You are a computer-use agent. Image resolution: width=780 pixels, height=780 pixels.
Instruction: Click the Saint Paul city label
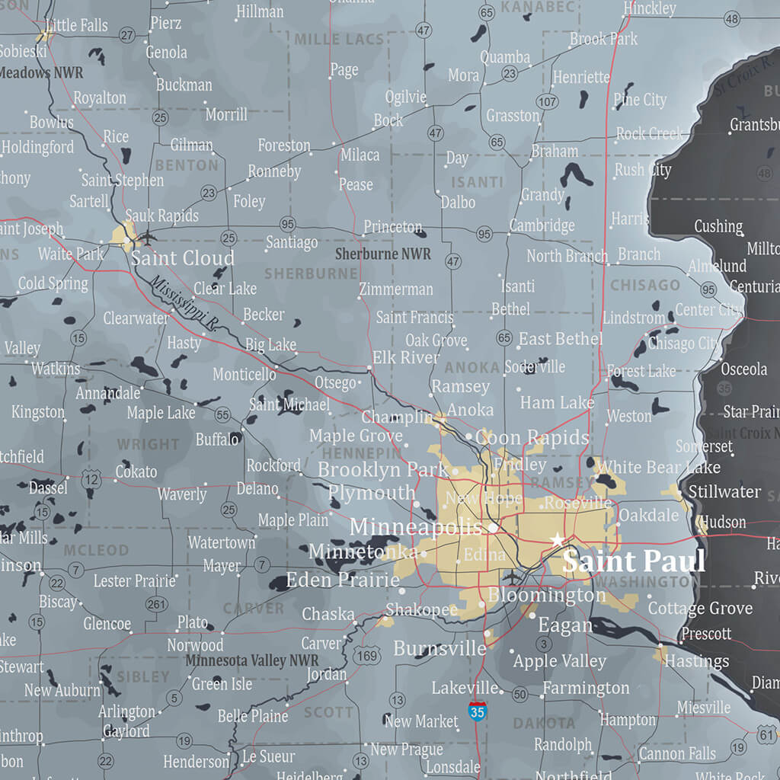coord(634,562)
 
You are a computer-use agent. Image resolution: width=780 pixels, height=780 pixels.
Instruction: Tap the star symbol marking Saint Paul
coord(557,540)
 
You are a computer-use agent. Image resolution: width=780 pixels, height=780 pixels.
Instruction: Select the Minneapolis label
coord(416,527)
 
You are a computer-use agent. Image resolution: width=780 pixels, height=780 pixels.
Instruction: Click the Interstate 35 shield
coord(478,712)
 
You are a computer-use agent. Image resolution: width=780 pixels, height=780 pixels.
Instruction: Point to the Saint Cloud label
coord(182,257)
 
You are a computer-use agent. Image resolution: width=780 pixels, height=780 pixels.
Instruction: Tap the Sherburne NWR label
coord(382,254)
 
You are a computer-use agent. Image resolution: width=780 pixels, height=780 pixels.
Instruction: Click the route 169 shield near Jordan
coord(367,655)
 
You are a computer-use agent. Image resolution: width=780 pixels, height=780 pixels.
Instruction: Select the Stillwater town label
coord(724,491)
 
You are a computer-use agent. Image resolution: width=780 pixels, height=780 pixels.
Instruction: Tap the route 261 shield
coord(156,604)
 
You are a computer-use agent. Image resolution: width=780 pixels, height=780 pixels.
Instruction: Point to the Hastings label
coord(696,661)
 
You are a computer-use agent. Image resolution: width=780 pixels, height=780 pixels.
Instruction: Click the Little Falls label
coord(76,25)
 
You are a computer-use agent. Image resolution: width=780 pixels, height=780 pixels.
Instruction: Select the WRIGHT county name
coord(149,443)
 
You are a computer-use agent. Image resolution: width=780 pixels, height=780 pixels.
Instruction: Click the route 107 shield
coord(546,101)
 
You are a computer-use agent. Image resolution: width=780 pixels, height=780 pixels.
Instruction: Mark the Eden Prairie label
coord(342,580)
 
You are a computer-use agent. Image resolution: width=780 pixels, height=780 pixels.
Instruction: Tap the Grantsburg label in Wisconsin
coord(754,124)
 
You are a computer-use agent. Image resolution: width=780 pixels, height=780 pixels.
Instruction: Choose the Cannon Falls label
coord(677,753)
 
